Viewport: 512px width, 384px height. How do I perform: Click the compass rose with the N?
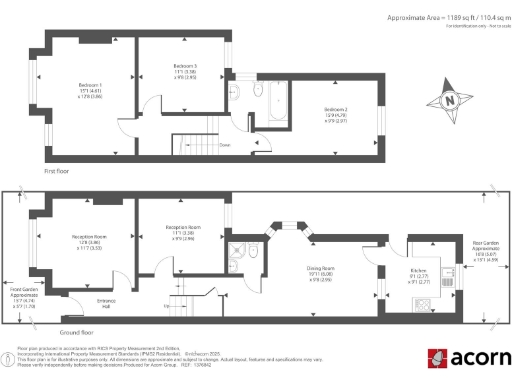(x=449, y=100)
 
